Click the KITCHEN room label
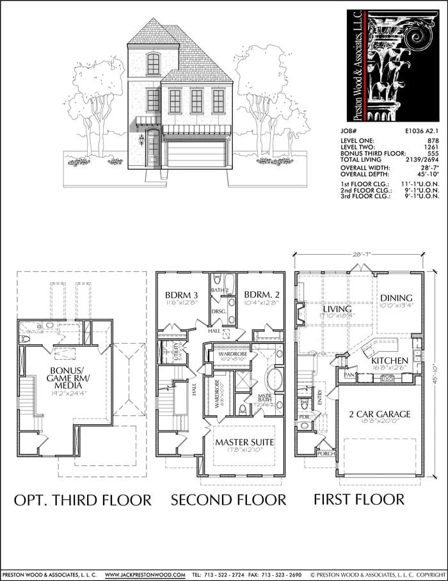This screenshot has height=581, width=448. [390, 361]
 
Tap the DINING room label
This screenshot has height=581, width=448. [396, 298]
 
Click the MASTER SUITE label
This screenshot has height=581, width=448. [244, 442]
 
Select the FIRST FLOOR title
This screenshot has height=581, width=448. [359, 499]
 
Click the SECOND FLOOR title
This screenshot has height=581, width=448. [228, 499]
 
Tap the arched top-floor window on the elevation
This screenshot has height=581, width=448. [153, 63]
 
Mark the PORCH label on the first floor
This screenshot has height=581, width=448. [326, 454]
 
